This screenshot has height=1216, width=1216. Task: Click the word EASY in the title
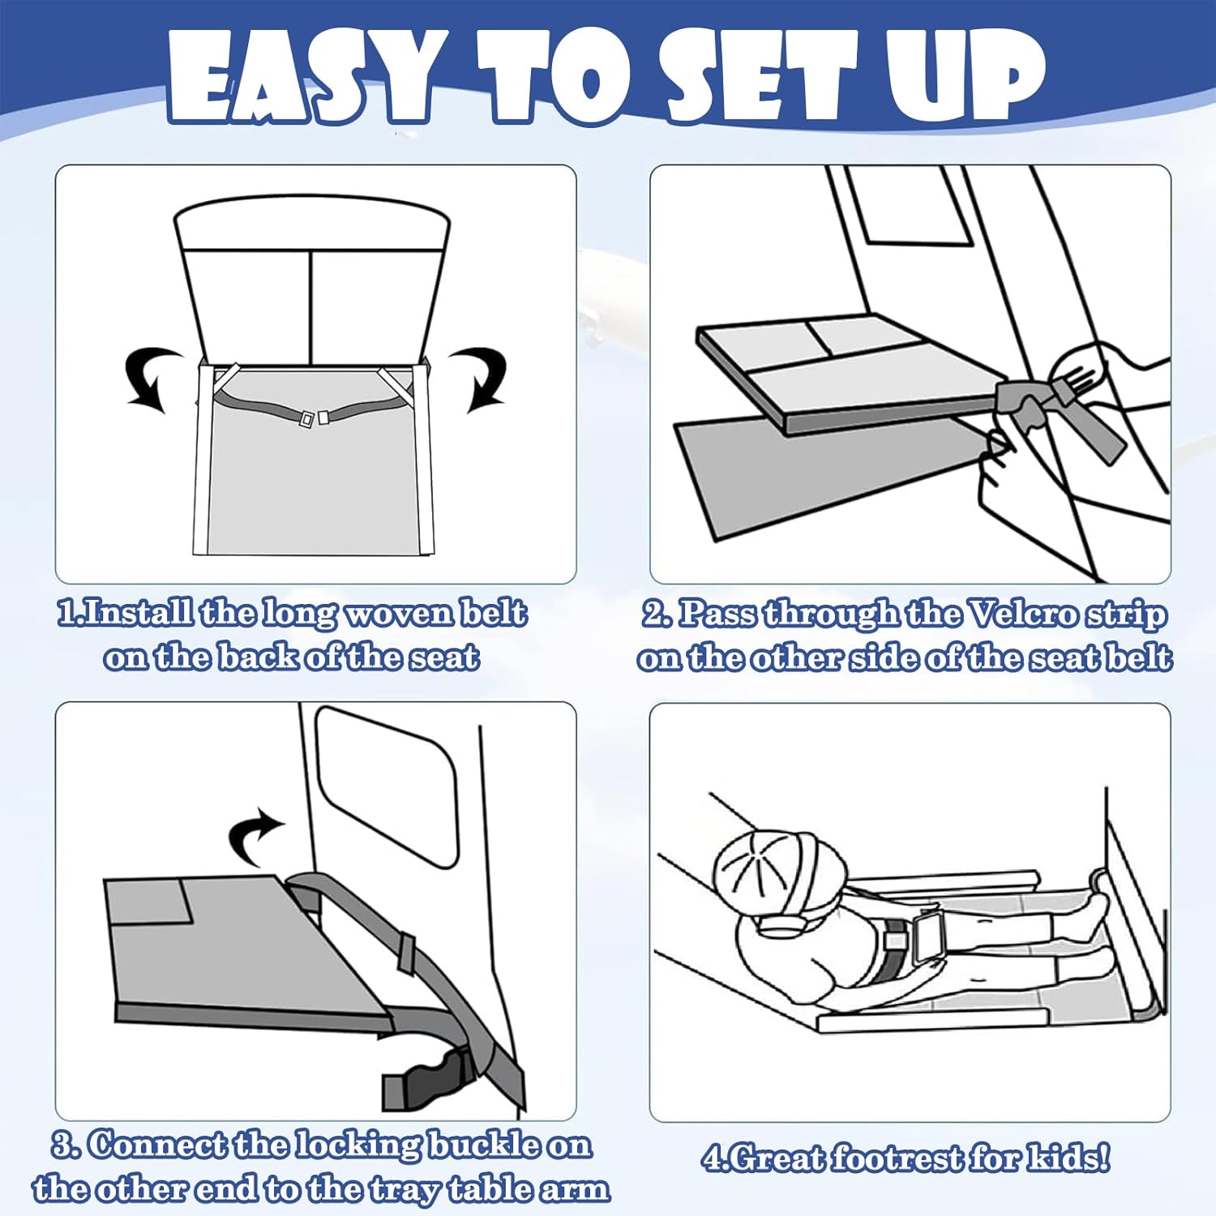pyautogui.click(x=301, y=79)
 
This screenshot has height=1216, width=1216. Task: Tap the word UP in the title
pyautogui.click(x=961, y=77)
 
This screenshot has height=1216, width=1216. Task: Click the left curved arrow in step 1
pyautogui.click(x=152, y=377)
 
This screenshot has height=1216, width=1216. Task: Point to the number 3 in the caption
pyautogui.click(x=62, y=1145)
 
